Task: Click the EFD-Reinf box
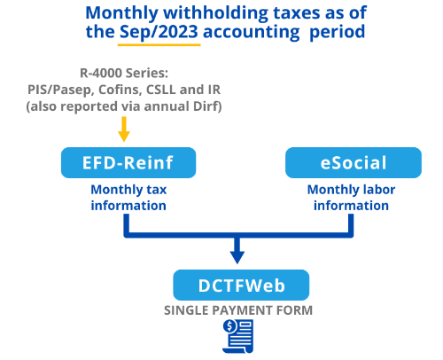(x=128, y=162)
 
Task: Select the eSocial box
(x=354, y=162)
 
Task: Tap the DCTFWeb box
(x=241, y=286)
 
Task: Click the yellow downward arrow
(x=124, y=129)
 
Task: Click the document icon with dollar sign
(x=238, y=336)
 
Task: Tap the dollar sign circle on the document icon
(x=229, y=326)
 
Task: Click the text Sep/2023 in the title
(x=159, y=32)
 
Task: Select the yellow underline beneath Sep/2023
(x=159, y=45)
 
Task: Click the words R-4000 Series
(x=124, y=73)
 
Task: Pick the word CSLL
(x=161, y=90)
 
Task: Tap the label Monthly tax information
(x=128, y=198)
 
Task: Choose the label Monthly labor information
(x=351, y=198)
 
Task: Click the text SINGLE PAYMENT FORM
(x=238, y=310)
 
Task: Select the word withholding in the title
(x=215, y=13)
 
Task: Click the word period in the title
(x=337, y=32)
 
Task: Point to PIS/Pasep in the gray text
(x=60, y=90)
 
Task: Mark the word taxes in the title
(x=296, y=13)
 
